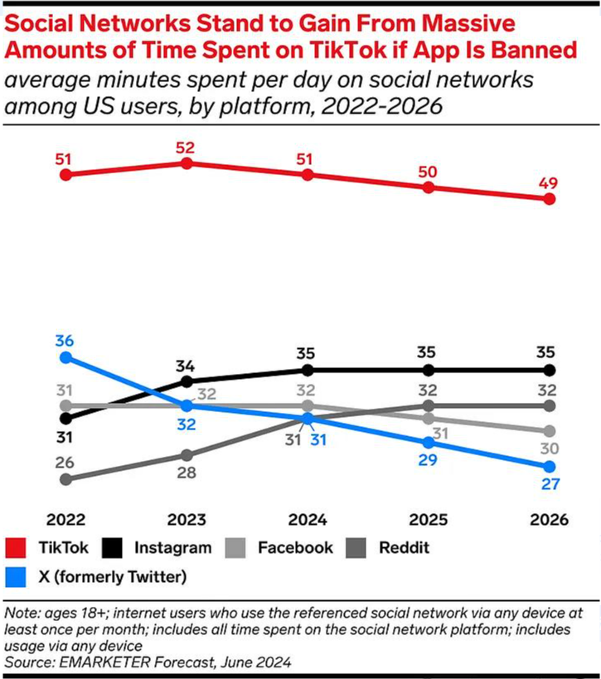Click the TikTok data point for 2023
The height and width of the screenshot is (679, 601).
tap(187, 163)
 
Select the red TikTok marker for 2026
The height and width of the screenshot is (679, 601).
tap(548, 199)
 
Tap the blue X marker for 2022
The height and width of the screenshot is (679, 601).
tap(66, 357)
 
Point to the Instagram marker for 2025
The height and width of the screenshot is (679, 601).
tap(428, 370)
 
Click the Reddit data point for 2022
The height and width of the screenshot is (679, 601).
tap(66, 478)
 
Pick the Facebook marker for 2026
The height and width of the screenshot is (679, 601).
tap(548, 431)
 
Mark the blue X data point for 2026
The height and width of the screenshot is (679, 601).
tap(548, 467)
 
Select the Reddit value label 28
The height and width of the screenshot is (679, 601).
tap(187, 473)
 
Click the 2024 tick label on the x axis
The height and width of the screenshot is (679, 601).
tap(307, 520)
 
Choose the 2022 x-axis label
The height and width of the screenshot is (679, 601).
tap(66, 520)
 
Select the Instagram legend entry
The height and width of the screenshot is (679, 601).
tap(171, 548)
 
